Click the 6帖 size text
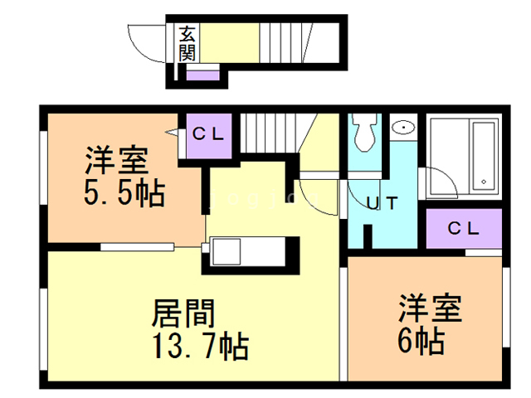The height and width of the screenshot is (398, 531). [419, 339]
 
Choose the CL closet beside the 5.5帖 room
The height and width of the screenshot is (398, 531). [207, 133]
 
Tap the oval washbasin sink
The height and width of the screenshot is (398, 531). [403, 128]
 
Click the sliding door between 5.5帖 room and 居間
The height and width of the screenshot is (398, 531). [138, 245]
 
